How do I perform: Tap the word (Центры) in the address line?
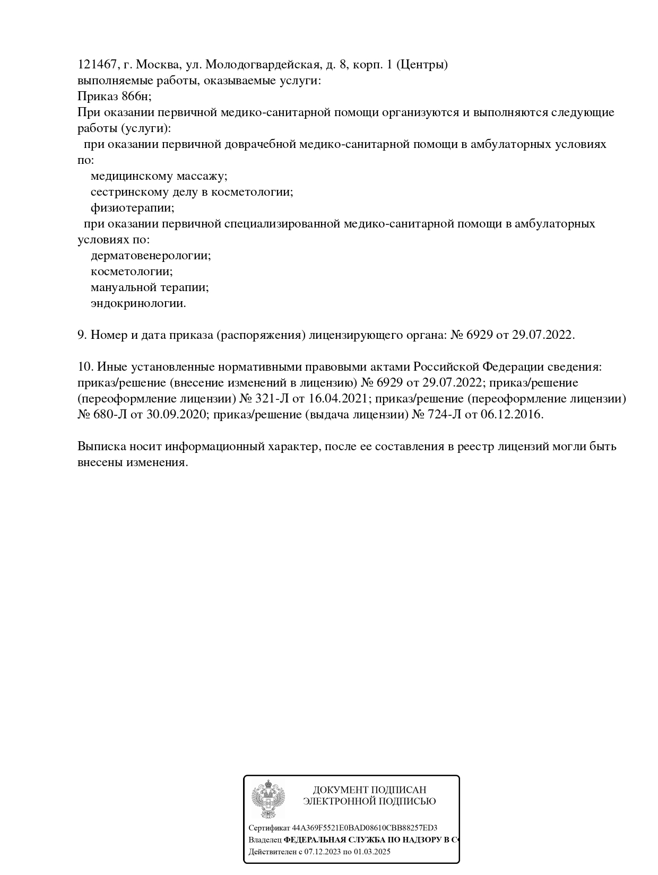[422, 65]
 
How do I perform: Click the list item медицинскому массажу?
[159, 176]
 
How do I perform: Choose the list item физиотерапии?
[132, 208]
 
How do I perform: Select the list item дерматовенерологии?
[151, 256]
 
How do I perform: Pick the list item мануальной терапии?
[150, 287]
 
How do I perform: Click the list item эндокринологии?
[138, 303]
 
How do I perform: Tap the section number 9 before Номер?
[82, 335]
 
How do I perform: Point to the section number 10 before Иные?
[85, 367]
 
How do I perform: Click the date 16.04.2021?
[338, 399]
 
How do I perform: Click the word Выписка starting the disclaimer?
[101, 447]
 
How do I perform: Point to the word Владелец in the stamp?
[265, 840]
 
